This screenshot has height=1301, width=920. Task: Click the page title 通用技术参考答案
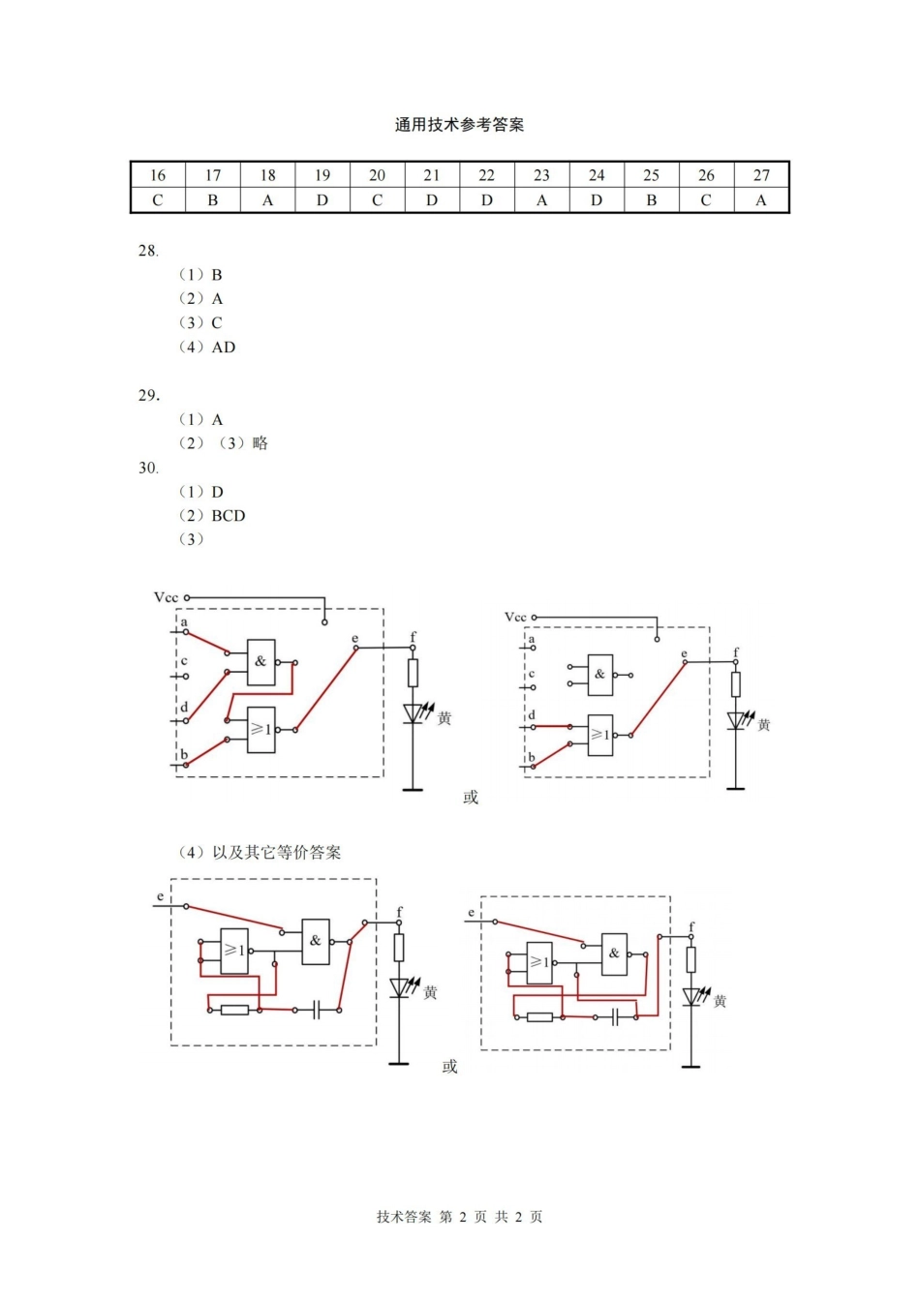459,125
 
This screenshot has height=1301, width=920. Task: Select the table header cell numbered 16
158,175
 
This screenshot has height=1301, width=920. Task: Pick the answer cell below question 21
432,200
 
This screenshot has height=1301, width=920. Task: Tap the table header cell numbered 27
761,175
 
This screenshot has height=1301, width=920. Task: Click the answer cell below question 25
652,200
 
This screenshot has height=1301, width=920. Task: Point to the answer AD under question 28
224,348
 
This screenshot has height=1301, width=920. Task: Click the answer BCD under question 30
229,516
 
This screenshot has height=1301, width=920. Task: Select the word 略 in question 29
260,443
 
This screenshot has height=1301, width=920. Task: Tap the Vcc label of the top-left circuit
167,597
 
